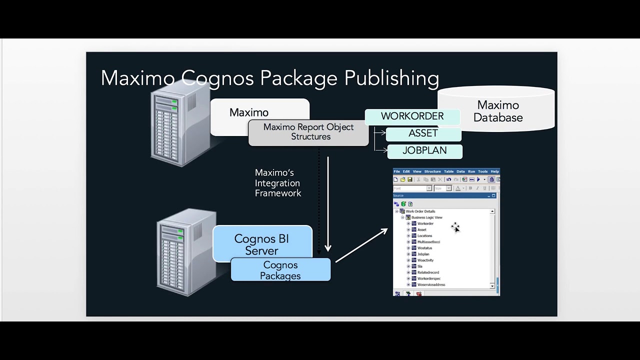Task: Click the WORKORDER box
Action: pyautogui.click(x=412, y=116)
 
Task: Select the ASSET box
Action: pyautogui.click(x=423, y=133)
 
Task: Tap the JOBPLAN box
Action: pyautogui.click(x=424, y=150)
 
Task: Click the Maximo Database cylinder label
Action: pyautogui.click(x=498, y=111)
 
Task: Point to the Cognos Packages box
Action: pyautogui.click(x=280, y=270)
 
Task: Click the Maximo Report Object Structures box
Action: pyautogui.click(x=308, y=132)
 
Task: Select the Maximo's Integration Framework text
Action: pyautogui.click(x=278, y=183)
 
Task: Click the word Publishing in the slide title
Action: pyautogui.click(x=391, y=78)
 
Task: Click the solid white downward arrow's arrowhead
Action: pyautogui.click(x=328, y=247)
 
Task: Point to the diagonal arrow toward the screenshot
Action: pyautogui.click(x=361, y=245)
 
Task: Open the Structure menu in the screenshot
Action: pyautogui.click(x=432, y=171)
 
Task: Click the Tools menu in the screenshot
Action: pyautogui.click(x=482, y=171)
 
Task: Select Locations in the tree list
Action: pyautogui.click(x=424, y=236)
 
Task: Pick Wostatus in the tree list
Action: pyautogui.click(x=424, y=248)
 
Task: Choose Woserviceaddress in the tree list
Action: pyautogui.click(x=431, y=285)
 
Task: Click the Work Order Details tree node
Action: pyautogui.click(x=420, y=211)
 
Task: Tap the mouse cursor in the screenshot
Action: pyautogui.click(x=455, y=227)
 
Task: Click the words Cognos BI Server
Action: pyautogui.click(x=261, y=244)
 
